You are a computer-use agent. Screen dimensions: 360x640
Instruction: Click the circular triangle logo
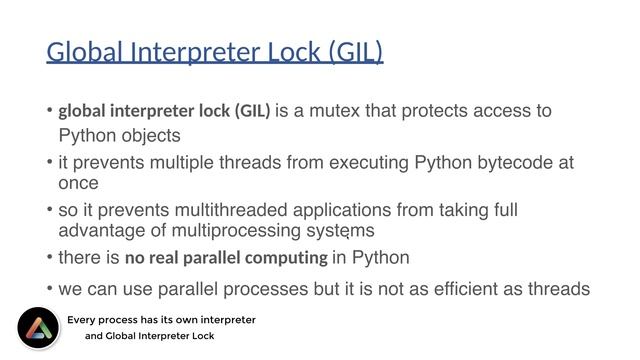[38, 328]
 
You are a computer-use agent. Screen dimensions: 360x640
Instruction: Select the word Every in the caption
[83, 320]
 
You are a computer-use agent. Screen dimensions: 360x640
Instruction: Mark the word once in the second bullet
[78, 183]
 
